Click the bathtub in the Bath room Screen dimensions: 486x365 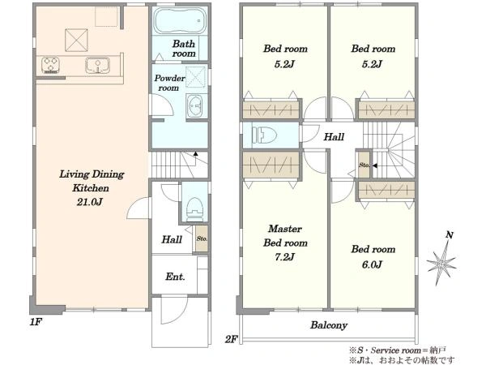180,20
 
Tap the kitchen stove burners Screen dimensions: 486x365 50,66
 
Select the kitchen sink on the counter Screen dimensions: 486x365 97,66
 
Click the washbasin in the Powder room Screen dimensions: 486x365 194,105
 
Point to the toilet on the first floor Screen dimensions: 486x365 194,208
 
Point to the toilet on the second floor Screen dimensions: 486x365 264,135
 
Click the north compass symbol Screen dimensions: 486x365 441,260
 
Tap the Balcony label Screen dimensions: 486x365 329,325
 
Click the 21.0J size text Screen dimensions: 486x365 90,202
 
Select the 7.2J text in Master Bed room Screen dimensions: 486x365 284,257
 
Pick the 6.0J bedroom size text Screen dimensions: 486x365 372,264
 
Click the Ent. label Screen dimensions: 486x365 175,277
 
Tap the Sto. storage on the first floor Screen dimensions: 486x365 202,238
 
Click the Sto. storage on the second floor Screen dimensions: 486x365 364,165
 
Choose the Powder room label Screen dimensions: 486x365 169,83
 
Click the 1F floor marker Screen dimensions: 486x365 36,322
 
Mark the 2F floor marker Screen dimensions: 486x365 231,339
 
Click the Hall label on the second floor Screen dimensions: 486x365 334,137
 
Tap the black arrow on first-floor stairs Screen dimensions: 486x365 195,153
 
